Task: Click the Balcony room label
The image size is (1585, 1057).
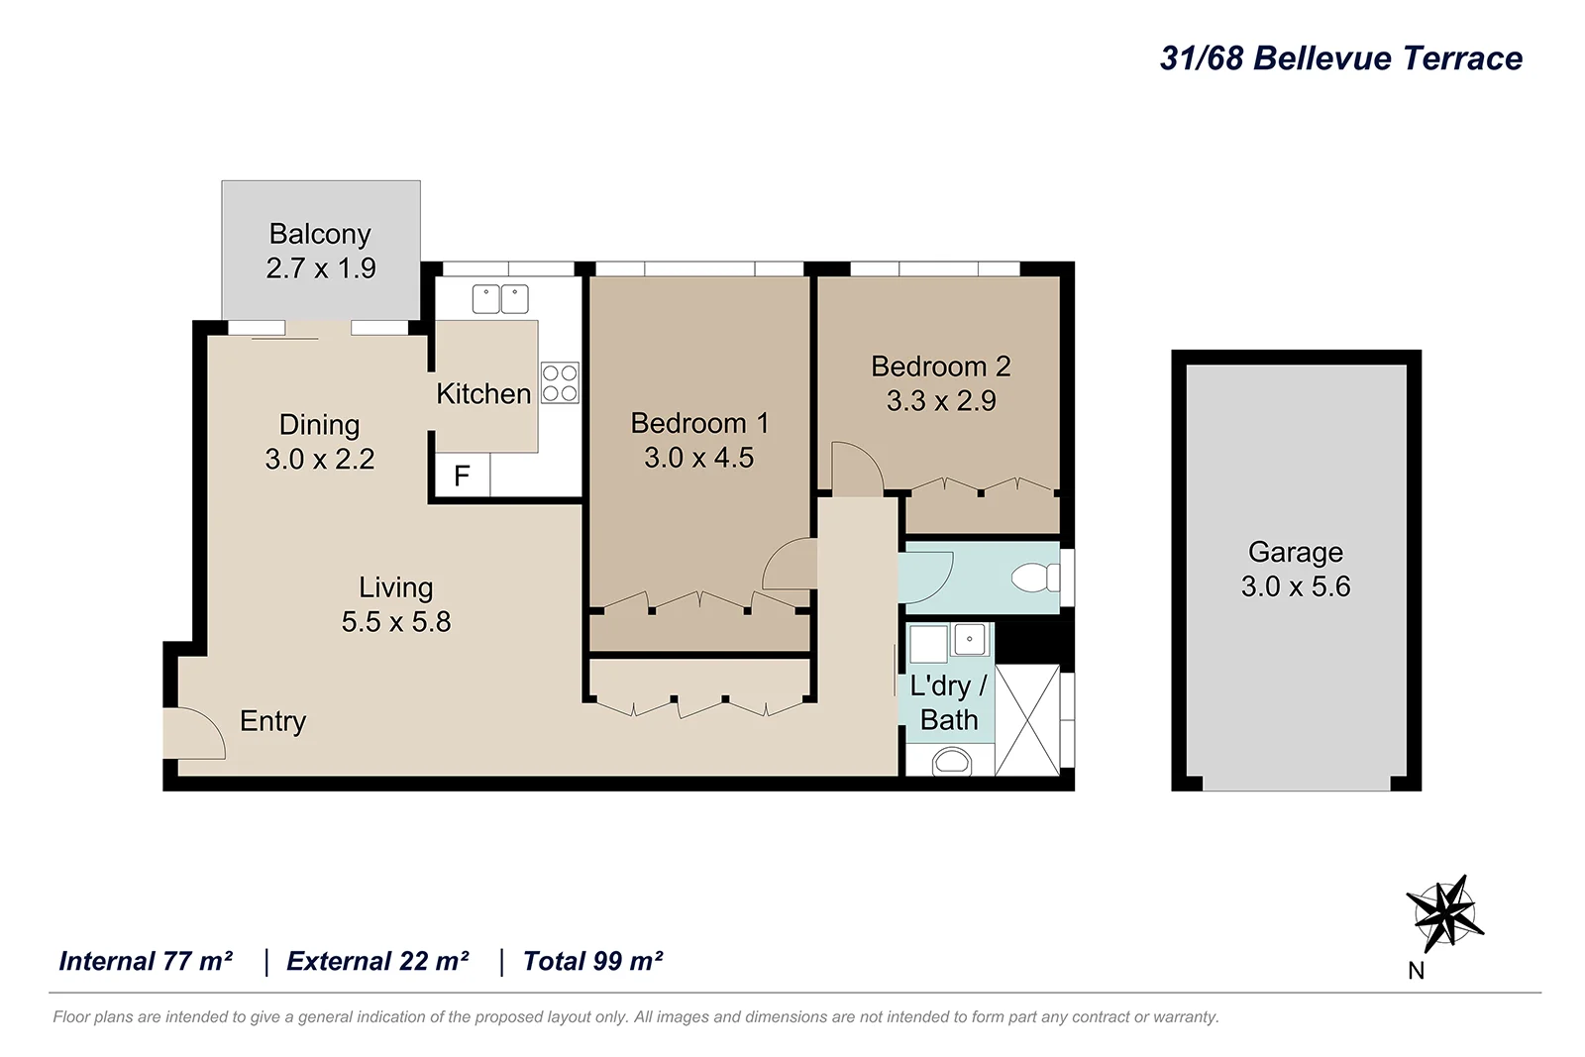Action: [x=320, y=234]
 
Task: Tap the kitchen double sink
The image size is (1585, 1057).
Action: [x=499, y=298]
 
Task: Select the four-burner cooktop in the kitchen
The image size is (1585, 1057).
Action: [x=560, y=383]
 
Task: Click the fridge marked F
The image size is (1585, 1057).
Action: [x=462, y=476]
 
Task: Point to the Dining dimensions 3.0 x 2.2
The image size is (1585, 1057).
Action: [x=320, y=460]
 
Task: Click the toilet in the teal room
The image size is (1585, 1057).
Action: [x=1035, y=578]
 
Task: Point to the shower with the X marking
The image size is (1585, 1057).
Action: [x=1027, y=720]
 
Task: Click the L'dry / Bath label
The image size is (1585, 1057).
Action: [x=948, y=703]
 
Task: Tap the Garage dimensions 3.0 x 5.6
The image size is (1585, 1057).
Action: [x=1296, y=586]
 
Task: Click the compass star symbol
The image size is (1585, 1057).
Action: [x=1443, y=912]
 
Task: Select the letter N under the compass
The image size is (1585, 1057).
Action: [x=1417, y=971]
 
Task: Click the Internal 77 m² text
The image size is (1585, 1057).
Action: [x=146, y=961]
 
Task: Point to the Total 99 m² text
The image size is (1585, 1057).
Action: [x=592, y=961]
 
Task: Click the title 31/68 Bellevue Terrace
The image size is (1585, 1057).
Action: [x=1340, y=58]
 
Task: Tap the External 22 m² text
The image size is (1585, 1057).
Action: [x=377, y=961]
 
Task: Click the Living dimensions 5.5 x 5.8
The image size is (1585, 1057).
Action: [x=396, y=622]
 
